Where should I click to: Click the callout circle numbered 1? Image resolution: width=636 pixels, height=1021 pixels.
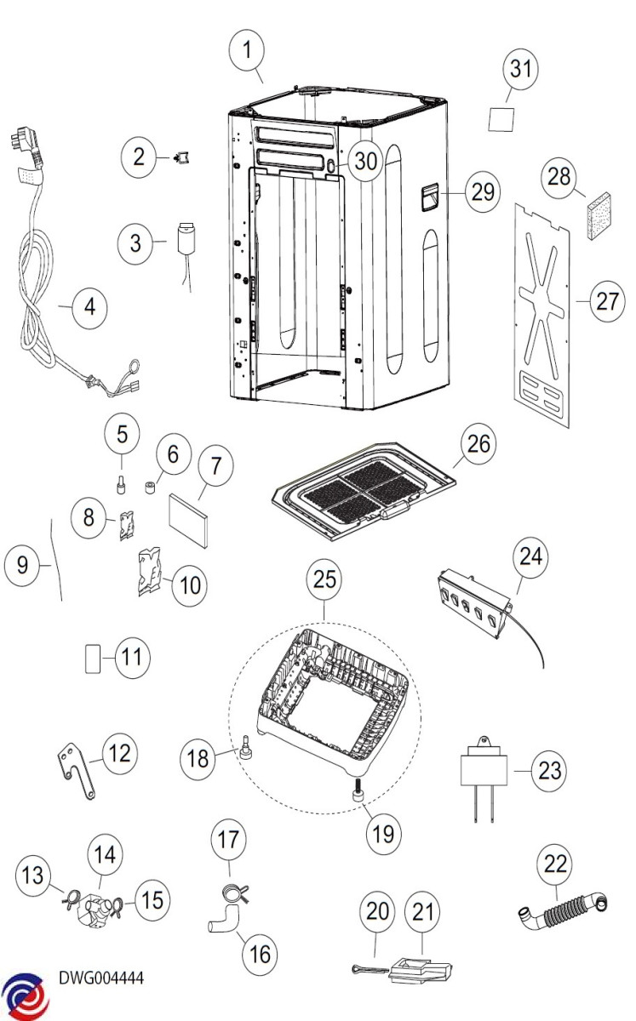point(248,51)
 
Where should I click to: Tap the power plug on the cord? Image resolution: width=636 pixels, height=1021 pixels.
point(25,151)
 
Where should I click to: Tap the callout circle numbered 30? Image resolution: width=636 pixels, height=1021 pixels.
point(365,161)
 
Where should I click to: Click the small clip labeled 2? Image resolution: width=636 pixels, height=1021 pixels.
point(181,157)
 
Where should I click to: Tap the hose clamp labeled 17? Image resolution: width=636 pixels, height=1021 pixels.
point(232,893)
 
